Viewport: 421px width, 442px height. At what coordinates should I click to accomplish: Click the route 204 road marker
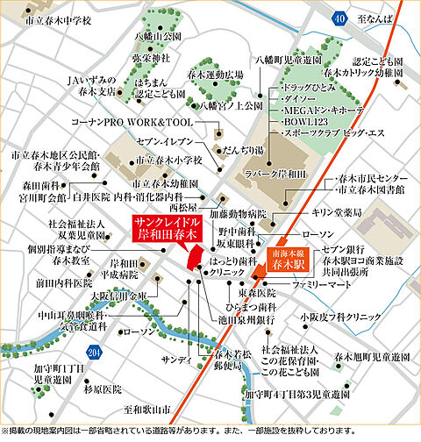pyautogui.click(x=94, y=353)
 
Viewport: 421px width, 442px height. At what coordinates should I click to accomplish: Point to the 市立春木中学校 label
pyautogui.click(x=59, y=18)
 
